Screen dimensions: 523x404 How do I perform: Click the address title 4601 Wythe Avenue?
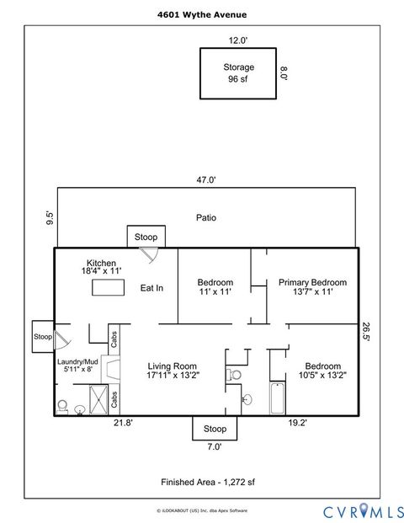tap(201, 14)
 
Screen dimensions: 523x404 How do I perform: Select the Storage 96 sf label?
tap(238, 73)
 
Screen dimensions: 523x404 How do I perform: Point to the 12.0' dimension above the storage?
tap(238, 40)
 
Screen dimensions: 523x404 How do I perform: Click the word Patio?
tap(206, 217)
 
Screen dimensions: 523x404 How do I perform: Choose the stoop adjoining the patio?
tap(146, 237)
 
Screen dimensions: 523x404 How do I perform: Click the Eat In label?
tap(151, 288)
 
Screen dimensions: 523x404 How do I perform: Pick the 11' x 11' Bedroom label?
tap(215, 287)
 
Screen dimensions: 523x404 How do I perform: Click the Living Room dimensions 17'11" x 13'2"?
tap(172, 376)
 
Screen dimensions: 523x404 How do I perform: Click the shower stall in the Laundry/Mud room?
tap(98, 397)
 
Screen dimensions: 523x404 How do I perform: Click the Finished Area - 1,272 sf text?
tap(206, 483)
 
